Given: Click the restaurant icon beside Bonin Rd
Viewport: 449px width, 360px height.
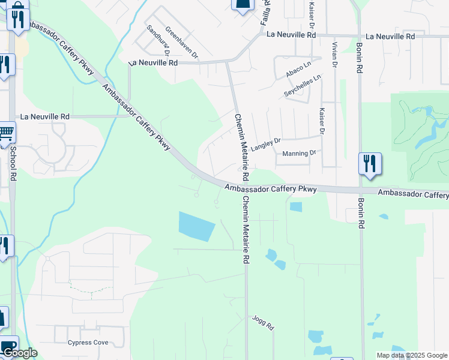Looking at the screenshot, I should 370,163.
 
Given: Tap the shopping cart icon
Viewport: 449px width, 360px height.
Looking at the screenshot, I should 5,131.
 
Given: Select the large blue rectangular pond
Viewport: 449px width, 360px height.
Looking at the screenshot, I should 196,226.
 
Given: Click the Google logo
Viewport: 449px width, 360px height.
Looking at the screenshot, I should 19,353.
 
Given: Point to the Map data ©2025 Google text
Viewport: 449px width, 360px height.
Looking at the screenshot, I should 412,355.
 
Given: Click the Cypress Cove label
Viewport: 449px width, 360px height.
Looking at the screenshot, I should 88,343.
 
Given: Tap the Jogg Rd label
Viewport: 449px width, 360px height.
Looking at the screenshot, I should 263,323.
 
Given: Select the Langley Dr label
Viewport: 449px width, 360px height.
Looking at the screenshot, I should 266,144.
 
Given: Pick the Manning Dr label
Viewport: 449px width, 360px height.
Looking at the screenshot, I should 298,154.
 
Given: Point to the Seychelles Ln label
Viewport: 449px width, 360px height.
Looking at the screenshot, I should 303,86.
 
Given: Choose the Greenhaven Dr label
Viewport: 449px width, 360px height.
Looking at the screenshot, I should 181,43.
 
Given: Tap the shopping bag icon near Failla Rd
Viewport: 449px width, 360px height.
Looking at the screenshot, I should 243,5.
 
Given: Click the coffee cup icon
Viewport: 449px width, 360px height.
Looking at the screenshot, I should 8,347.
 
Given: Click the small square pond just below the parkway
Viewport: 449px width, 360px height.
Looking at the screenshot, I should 295,207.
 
